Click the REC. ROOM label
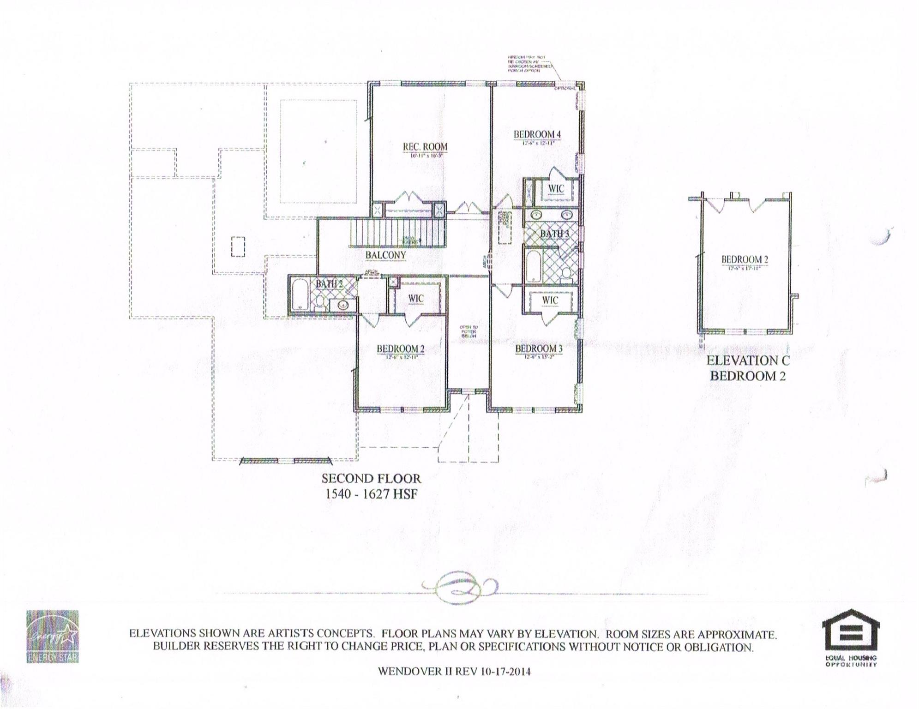(x=425, y=147)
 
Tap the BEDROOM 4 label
(x=537, y=134)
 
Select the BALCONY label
(x=385, y=255)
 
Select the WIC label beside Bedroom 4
(x=556, y=189)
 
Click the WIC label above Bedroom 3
(x=550, y=300)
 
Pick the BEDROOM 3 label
(x=539, y=348)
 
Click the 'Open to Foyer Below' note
(x=469, y=331)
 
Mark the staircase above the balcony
(x=398, y=233)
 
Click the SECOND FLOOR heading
(x=371, y=478)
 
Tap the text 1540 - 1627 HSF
(x=371, y=493)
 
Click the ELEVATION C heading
(x=748, y=361)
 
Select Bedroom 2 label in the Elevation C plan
(x=745, y=259)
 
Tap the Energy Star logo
(x=52, y=637)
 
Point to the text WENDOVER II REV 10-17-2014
(x=454, y=671)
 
